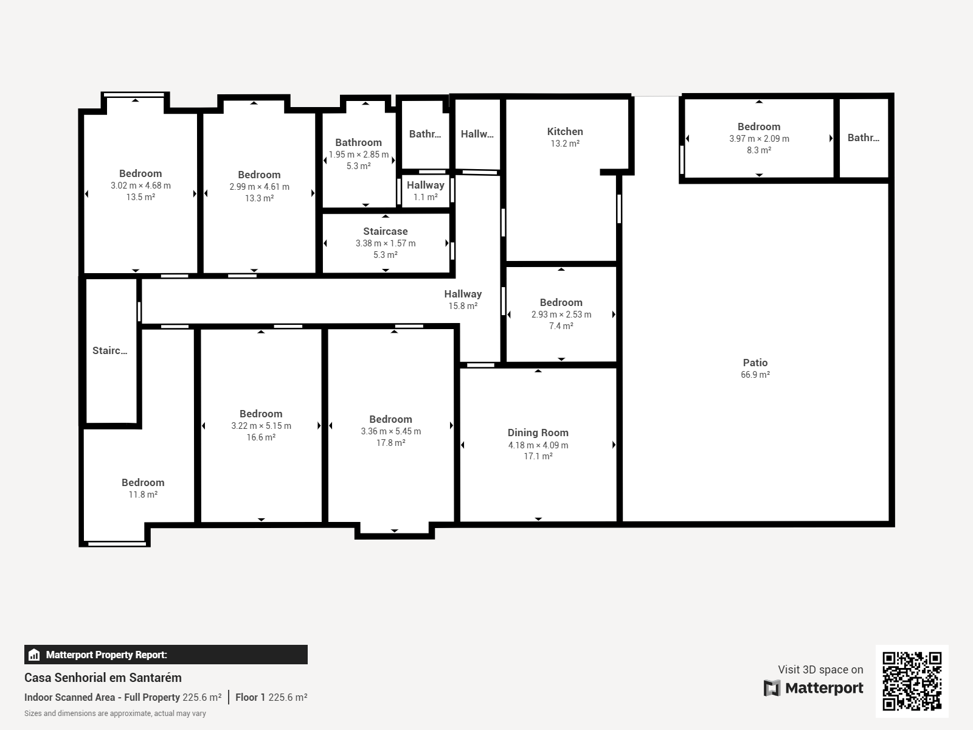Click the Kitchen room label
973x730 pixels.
(x=565, y=131)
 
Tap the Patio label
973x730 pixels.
(x=755, y=363)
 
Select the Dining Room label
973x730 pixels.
(x=538, y=433)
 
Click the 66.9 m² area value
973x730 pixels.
(x=755, y=375)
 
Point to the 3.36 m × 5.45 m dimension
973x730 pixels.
(x=390, y=431)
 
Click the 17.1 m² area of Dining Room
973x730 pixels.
(x=538, y=456)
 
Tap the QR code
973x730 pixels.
(x=912, y=681)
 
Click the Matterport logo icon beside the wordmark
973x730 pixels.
(x=772, y=688)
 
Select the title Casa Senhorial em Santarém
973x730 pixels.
(x=103, y=678)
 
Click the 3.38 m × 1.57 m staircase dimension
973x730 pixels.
(x=385, y=243)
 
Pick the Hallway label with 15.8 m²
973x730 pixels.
(x=463, y=294)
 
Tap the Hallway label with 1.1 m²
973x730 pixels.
(x=425, y=186)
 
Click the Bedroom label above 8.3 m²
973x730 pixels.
(x=758, y=127)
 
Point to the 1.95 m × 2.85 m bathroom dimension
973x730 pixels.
(x=358, y=155)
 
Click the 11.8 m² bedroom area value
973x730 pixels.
(x=143, y=494)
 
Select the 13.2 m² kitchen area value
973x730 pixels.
(x=565, y=144)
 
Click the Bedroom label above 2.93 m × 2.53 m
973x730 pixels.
(x=561, y=303)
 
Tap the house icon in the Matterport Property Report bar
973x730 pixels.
(x=33, y=655)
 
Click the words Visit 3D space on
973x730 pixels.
(x=820, y=669)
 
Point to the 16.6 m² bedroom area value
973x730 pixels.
(x=261, y=437)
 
